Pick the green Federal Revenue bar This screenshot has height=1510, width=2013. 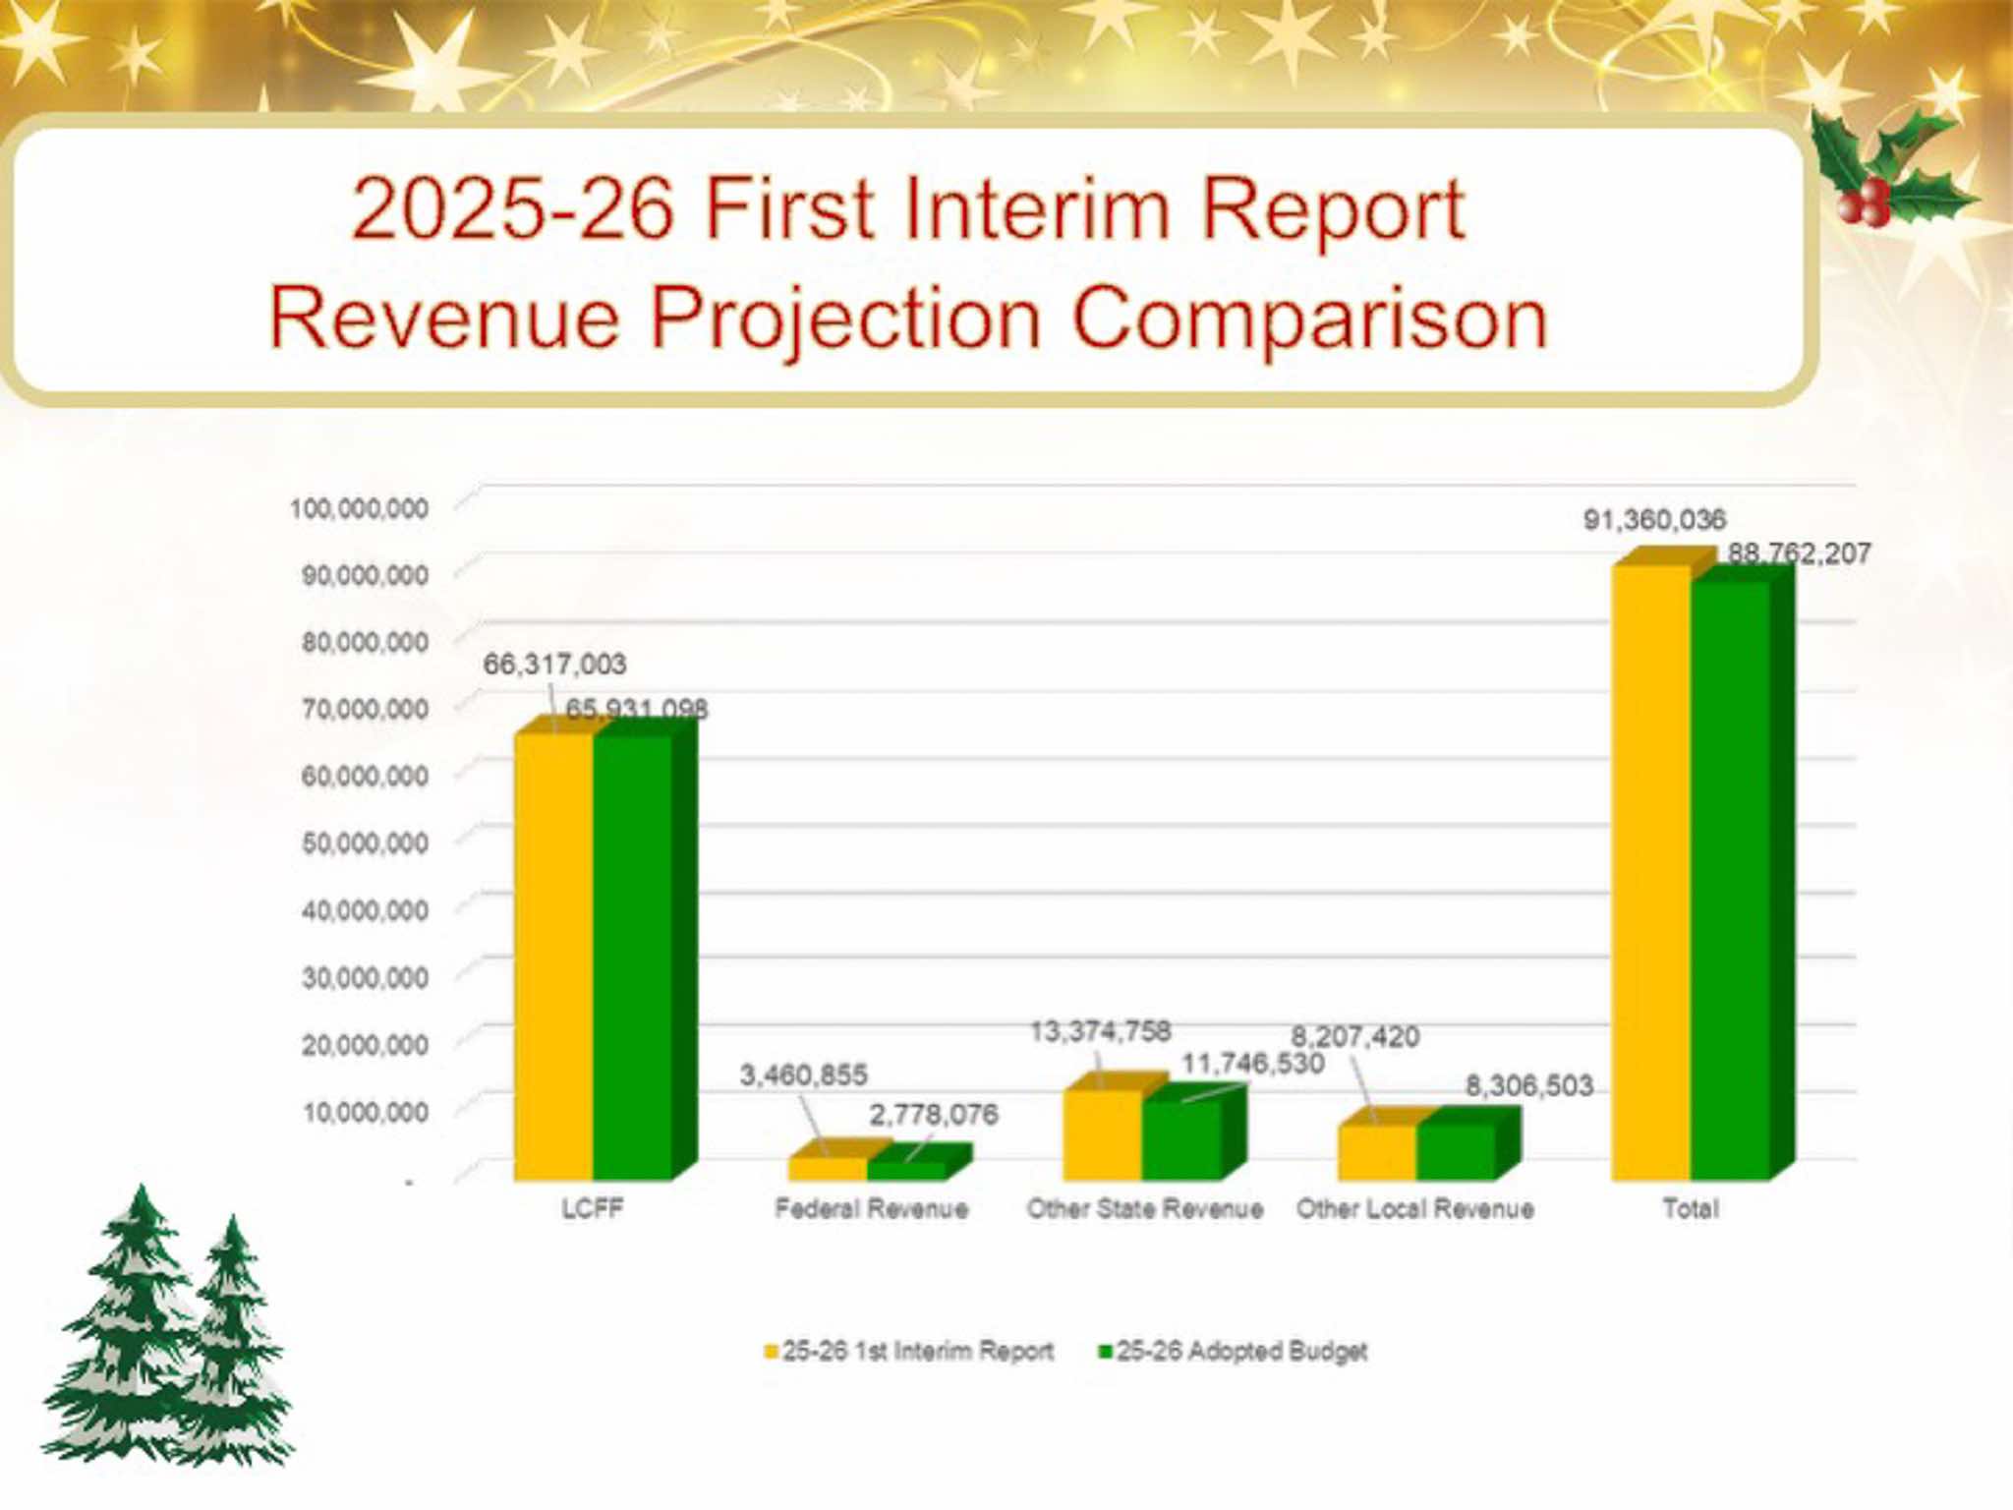coord(906,1170)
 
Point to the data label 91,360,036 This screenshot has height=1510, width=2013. coord(1654,519)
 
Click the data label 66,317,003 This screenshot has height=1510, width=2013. coord(554,665)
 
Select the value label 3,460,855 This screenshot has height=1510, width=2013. coord(803,1074)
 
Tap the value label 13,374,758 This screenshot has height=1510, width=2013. coord(1100,1031)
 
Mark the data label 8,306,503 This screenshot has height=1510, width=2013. coord(1528,1085)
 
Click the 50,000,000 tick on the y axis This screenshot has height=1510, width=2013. coord(365,843)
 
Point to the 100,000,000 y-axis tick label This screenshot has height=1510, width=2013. coord(359,508)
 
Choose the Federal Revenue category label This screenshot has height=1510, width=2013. coord(871,1208)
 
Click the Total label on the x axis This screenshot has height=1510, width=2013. coord(1690,1208)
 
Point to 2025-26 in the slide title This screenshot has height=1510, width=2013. coord(512,208)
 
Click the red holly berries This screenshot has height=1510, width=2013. coord(1863,203)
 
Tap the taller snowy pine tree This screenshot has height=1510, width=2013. coord(133,1327)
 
